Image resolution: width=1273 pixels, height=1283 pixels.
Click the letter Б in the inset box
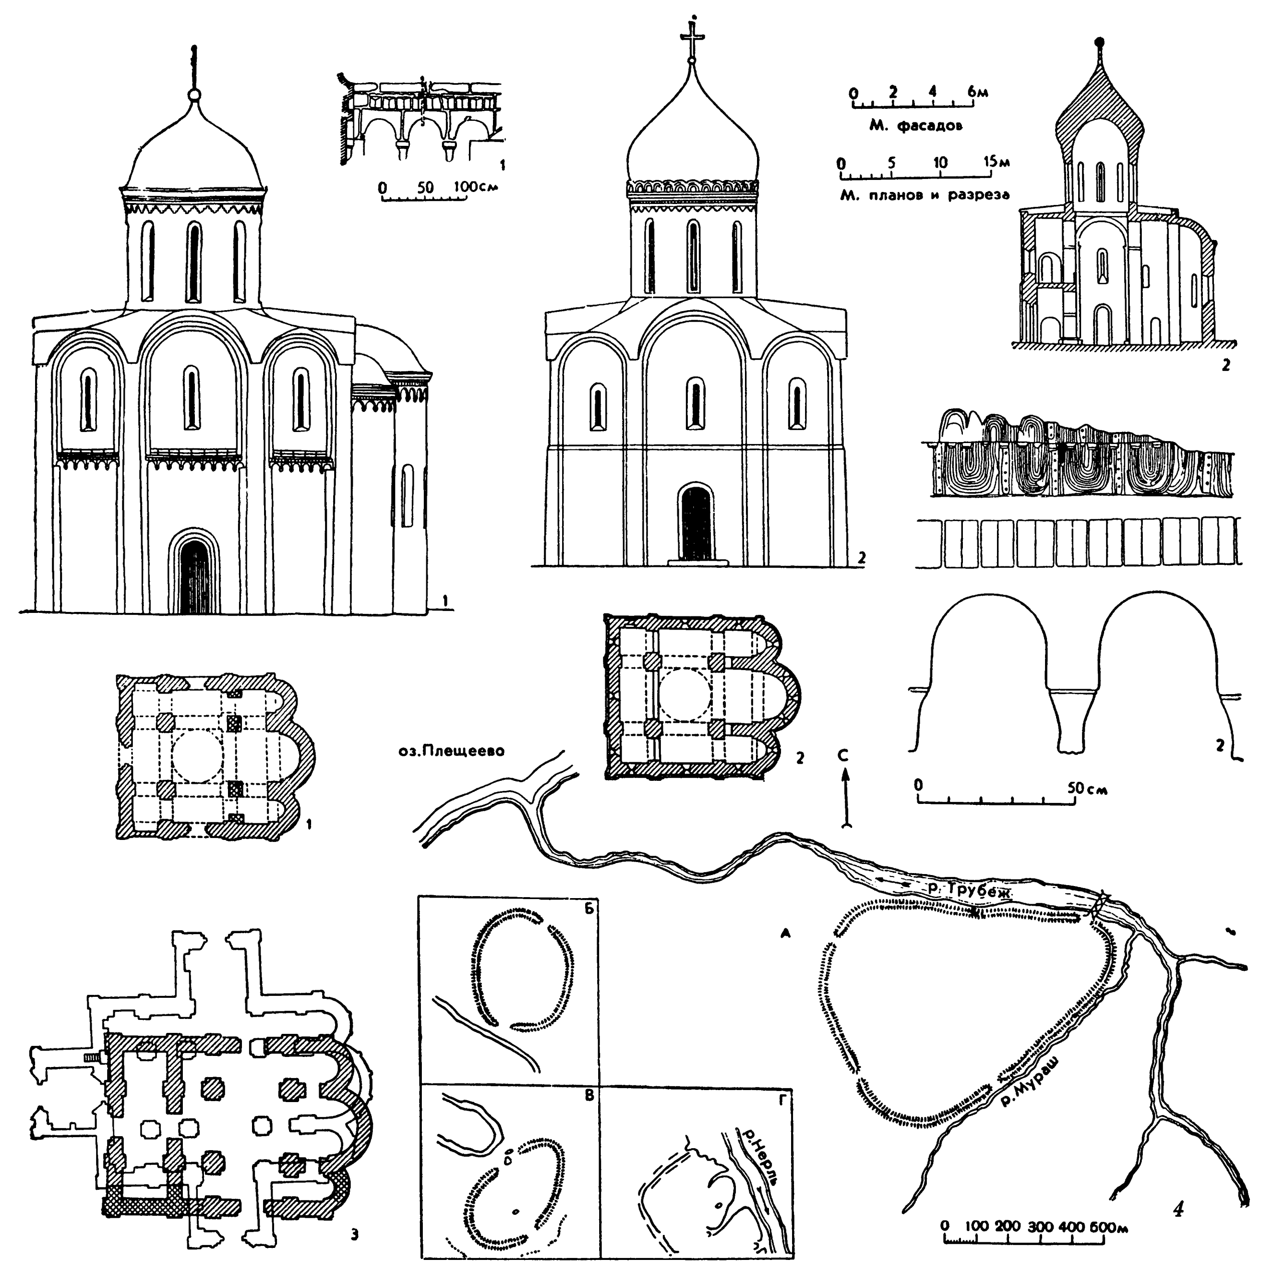coord(587,909)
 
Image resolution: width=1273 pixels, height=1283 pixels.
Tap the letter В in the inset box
coord(588,1097)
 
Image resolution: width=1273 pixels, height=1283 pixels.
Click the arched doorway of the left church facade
coord(194,574)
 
